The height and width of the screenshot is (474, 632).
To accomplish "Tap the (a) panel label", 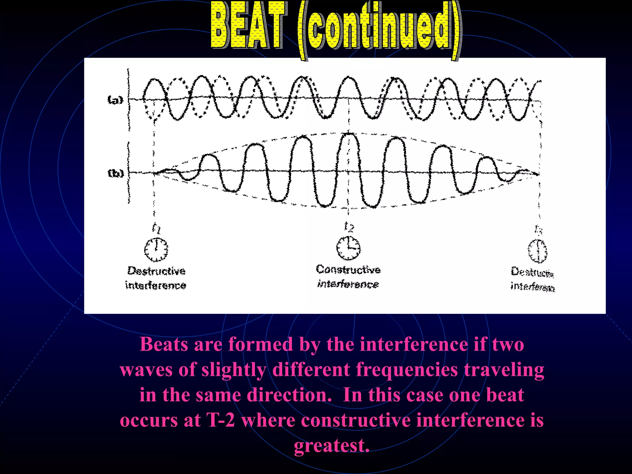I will click(115, 100).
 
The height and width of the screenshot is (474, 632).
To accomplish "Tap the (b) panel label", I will click(116, 173).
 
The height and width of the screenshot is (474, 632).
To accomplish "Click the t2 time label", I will click(349, 227).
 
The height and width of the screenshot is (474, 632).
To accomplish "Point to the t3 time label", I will click(538, 229).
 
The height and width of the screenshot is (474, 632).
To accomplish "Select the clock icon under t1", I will click(156, 249).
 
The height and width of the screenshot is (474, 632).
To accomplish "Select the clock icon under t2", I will click(348, 248).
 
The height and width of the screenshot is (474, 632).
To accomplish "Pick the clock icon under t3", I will click(537, 251).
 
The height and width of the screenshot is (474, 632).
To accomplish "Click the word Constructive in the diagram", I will click(348, 269).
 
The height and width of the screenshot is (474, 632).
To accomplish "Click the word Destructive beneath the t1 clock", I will click(156, 271).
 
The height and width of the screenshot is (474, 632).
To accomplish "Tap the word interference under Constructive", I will click(348, 284).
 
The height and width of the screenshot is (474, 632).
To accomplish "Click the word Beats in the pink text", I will click(164, 344).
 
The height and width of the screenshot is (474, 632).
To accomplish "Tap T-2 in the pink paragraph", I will click(221, 420).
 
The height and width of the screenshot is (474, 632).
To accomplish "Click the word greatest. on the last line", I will click(331, 446).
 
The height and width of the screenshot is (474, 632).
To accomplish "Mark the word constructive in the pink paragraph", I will click(355, 420).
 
